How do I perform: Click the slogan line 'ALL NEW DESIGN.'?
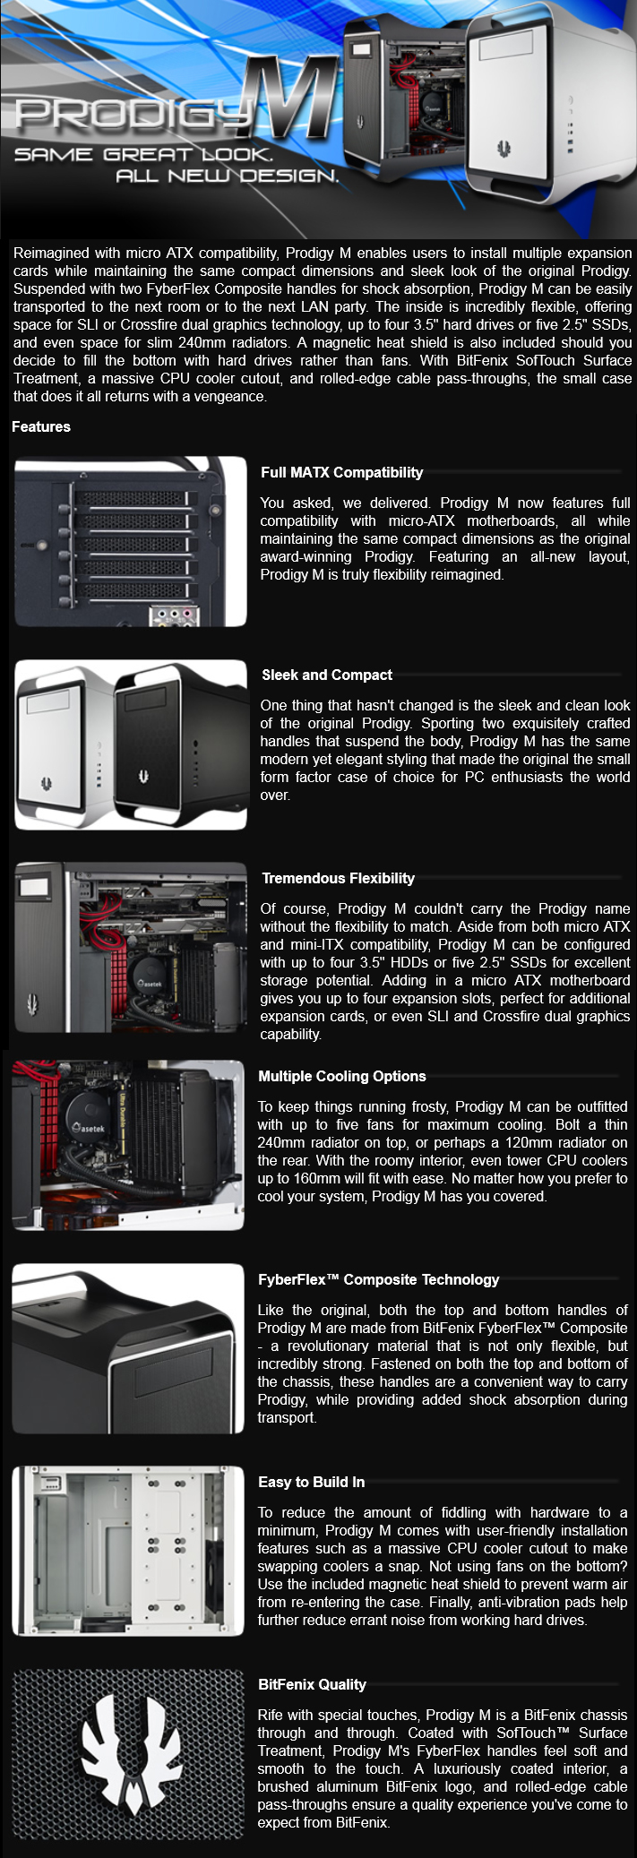228,176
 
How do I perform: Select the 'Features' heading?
41,426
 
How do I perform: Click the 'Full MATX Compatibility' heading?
342,472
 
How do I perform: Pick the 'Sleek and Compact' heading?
327,675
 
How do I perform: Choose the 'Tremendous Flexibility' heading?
339,878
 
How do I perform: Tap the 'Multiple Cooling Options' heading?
342,1076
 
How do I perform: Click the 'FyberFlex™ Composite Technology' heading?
379,1279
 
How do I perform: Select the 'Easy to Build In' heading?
312,1482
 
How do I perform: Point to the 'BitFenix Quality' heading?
313,1684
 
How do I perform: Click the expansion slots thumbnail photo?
131,542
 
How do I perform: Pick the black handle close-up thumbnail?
128,1348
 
